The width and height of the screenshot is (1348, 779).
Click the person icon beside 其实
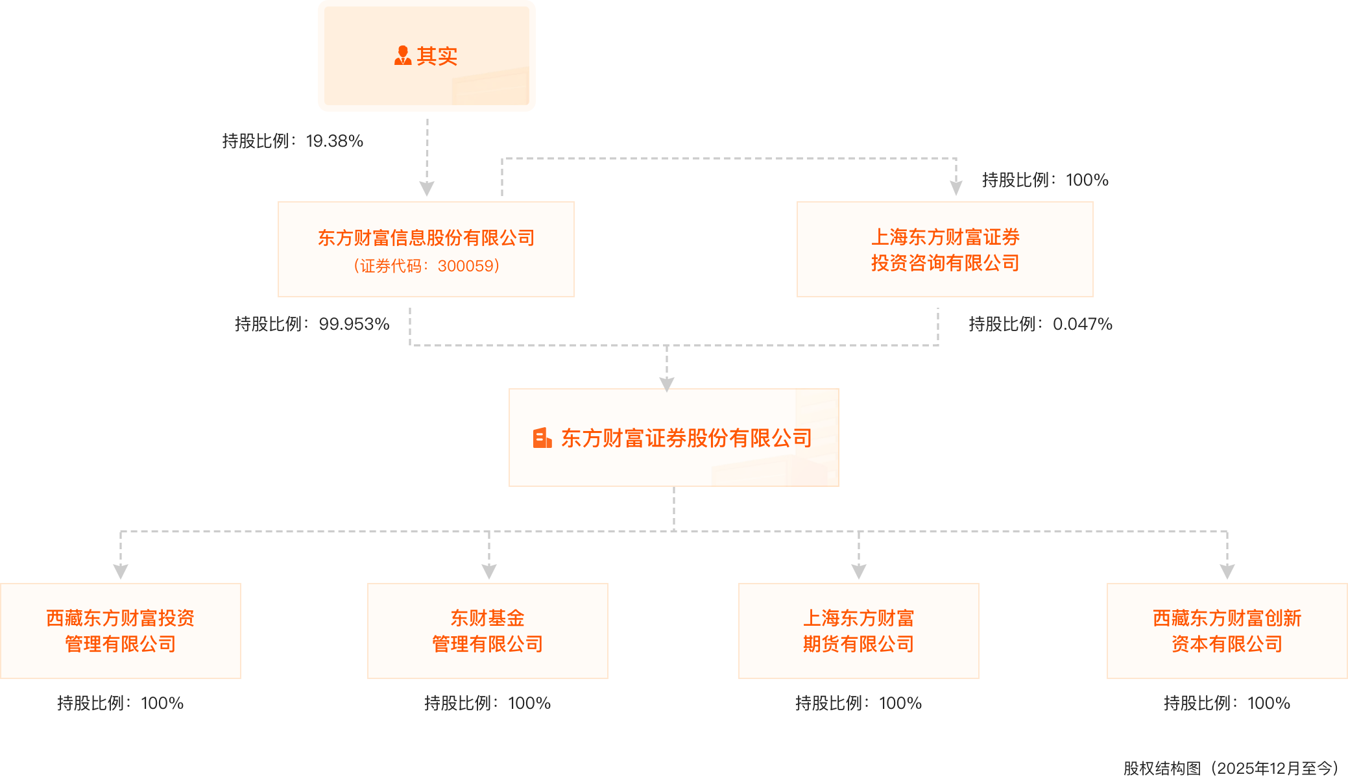[x=403, y=56]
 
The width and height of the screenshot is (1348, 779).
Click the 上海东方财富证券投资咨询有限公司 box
[x=945, y=249]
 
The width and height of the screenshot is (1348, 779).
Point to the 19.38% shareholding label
[x=293, y=141]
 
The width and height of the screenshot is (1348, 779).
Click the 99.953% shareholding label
[x=312, y=324]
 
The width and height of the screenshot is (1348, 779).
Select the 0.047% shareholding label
[x=1041, y=324]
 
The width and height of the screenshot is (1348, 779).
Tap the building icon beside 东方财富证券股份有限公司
[x=542, y=438]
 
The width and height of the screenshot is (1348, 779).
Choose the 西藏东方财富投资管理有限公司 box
[x=121, y=631]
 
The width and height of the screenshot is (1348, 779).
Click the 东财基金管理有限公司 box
[x=488, y=631]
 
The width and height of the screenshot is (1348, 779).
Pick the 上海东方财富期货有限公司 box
[x=859, y=631]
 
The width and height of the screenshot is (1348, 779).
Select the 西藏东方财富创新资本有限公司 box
[x=1227, y=631]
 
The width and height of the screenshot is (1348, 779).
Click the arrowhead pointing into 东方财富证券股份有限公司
[x=667, y=384]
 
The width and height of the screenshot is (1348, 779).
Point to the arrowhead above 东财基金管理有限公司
[x=489, y=572]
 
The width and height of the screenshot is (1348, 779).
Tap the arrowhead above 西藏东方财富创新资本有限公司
[x=1227, y=572]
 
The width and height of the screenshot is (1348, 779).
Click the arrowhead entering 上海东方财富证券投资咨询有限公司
[x=956, y=188]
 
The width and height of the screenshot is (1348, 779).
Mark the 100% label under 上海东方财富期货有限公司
[x=859, y=703]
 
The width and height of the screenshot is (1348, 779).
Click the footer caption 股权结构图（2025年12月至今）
[x=1230, y=769]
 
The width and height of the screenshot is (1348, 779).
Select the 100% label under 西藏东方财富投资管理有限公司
[x=121, y=703]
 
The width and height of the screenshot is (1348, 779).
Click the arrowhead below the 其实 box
[x=427, y=188]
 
